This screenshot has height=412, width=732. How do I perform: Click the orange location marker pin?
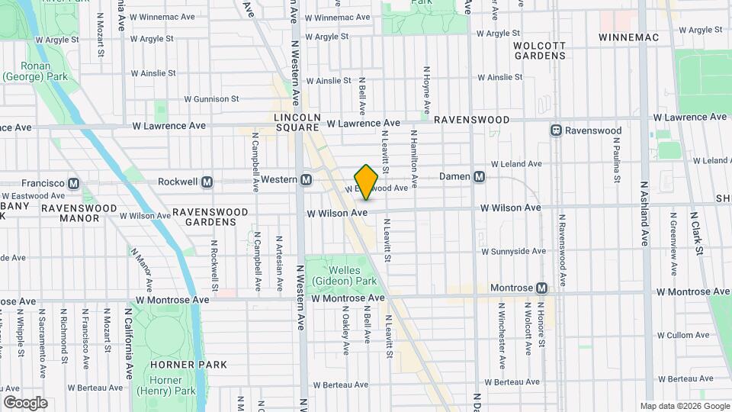coord(367,182)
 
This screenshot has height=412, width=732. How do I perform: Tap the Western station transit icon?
coord(306,179)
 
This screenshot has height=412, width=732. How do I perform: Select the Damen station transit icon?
coord(479,176)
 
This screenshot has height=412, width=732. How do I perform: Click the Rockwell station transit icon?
coord(207,182)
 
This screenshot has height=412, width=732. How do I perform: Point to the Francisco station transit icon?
coord(74,183)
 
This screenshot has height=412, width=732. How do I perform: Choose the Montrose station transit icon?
coord(541,288)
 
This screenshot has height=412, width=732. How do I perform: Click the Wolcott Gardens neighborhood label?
coord(539,50)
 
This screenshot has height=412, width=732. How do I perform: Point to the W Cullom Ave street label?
coord(682,335)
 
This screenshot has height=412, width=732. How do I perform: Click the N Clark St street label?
coord(696,227)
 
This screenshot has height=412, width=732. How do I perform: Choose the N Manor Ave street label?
coord(143,262)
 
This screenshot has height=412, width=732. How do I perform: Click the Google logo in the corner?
coord(25,402)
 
